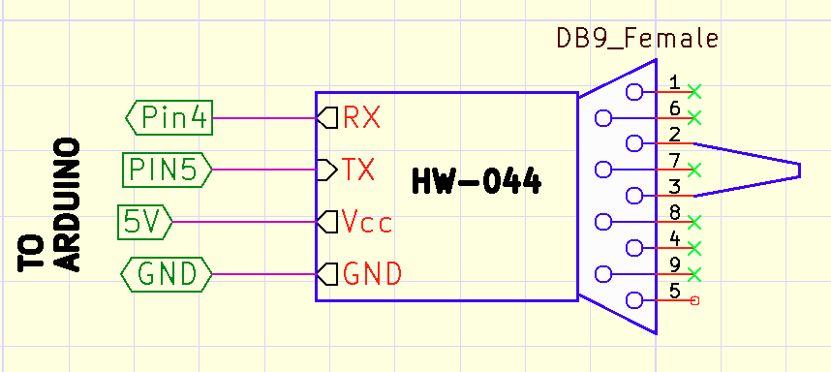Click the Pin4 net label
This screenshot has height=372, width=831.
click(x=169, y=118)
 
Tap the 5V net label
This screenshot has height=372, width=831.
click(x=144, y=223)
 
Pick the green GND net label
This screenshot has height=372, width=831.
click(x=167, y=275)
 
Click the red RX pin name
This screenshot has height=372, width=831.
click(x=361, y=118)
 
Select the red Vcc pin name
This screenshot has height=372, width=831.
click(x=368, y=223)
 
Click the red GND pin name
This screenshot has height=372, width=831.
click(x=372, y=275)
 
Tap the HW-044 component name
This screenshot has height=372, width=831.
click(x=477, y=181)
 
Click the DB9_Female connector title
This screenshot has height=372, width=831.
click(x=636, y=39)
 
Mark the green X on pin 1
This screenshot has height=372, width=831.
click(x=693, y=92)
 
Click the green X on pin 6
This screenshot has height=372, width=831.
click(x=693, y=118)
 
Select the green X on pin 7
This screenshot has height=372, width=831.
click(x=693, y=170)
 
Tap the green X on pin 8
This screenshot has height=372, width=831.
click(x=693, y=223)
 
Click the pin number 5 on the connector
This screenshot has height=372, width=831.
click(x=674, y=290)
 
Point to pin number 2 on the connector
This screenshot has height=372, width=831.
click(x=674, y=133)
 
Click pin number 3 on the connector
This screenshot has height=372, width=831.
click(x=674, y=185)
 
